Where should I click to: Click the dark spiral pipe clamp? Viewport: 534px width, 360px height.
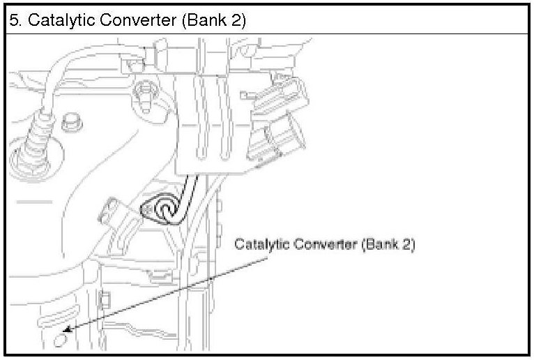point(166,208)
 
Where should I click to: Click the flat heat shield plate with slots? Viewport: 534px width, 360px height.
point(209,126)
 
